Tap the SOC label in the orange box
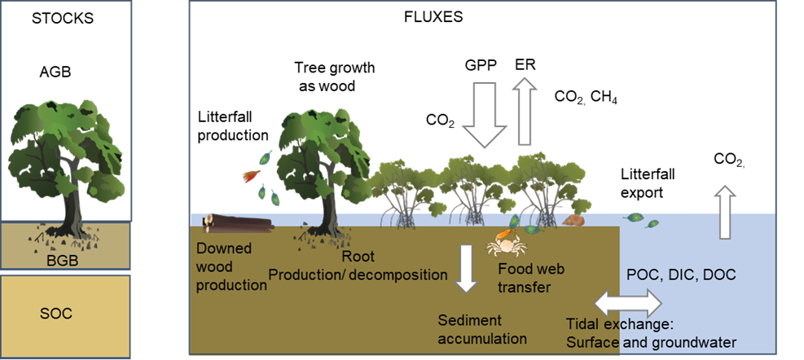[x=56, y=314]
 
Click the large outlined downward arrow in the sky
[x=484, y=113]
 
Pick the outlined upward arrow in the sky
[x=526, y=111]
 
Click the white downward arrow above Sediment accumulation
[x=466, y=268]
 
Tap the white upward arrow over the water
[x=726, y=212]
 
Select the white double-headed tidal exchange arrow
[x=627, y=303]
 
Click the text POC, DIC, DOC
[x=680, y=275]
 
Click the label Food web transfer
[x=531, y=278]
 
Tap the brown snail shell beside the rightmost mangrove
[x=575, y=219]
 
